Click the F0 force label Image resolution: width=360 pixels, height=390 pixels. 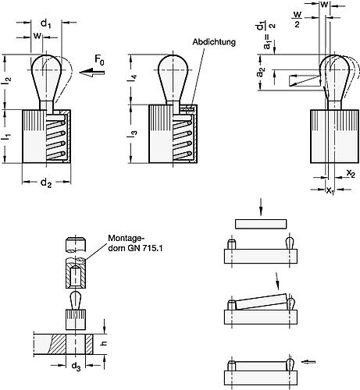[x=99, y=60]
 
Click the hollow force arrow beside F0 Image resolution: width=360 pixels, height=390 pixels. [x=92, y=72]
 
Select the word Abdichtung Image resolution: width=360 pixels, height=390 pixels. [x=214, y=42]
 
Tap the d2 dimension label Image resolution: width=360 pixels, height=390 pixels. [x=46, y=183]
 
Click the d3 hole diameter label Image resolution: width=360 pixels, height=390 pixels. [x=76, y=367]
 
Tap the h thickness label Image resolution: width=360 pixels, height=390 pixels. [x=104, y=343]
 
